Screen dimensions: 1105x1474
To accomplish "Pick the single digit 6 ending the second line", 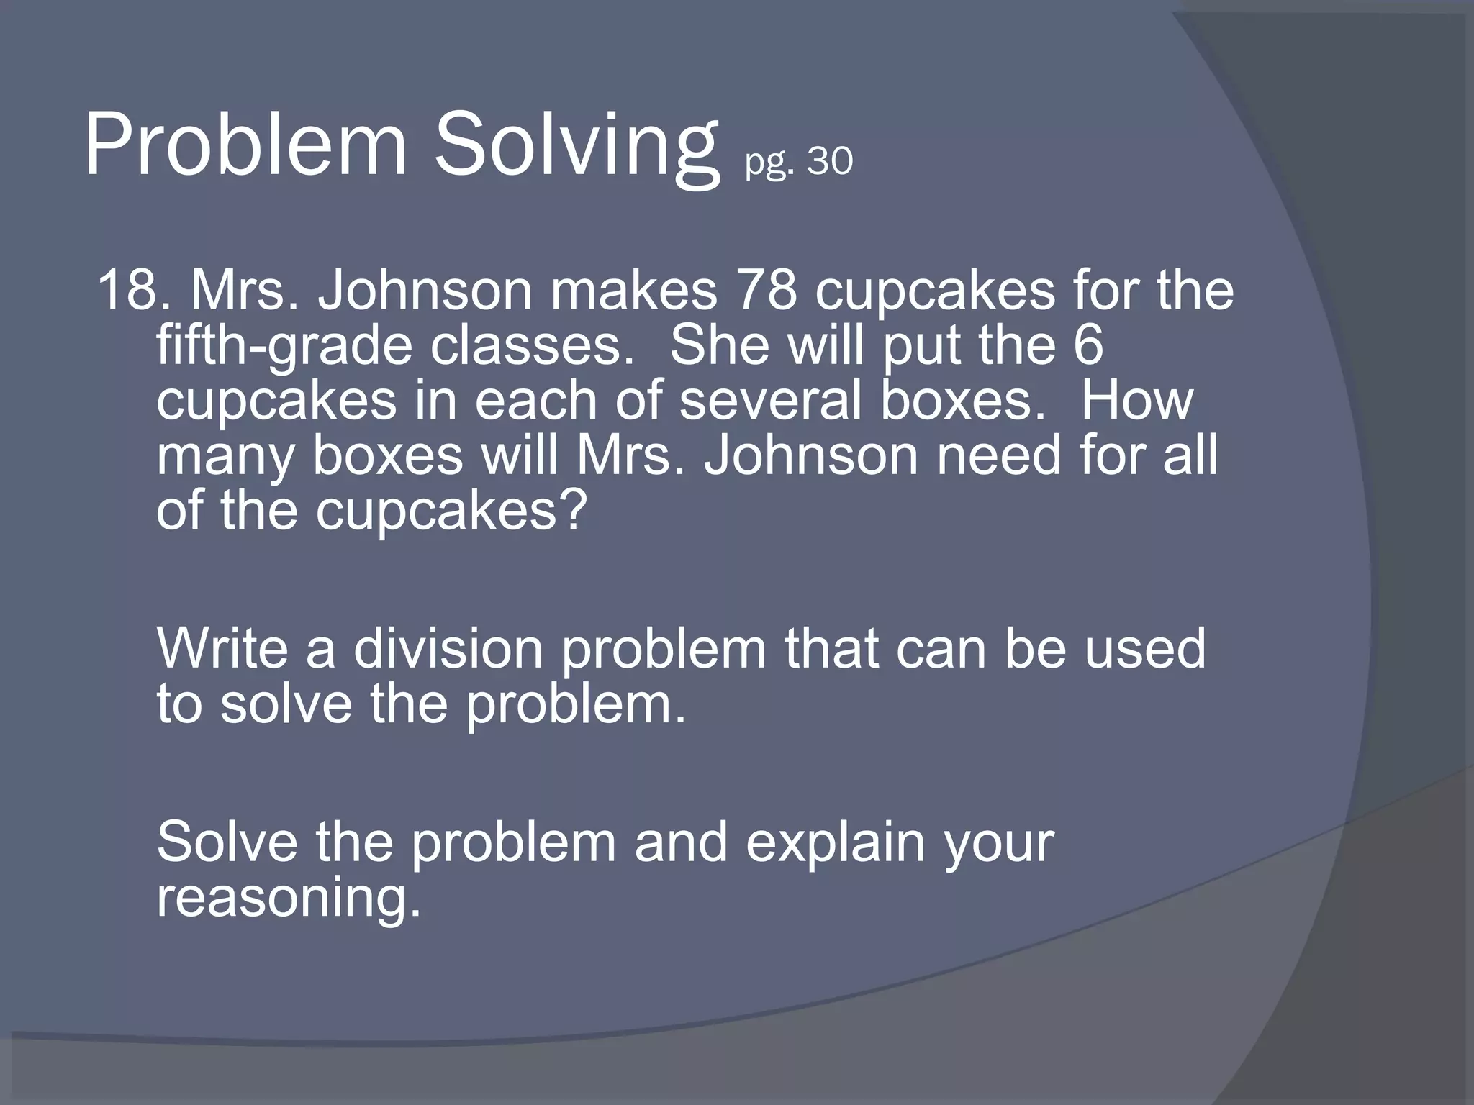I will [x=1088, y=345].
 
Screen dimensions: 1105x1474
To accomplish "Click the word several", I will [x=770, y=401].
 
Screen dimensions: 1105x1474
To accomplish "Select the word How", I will [x=1136, y=401].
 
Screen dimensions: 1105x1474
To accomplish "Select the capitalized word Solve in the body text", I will [x=227, y=842].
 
